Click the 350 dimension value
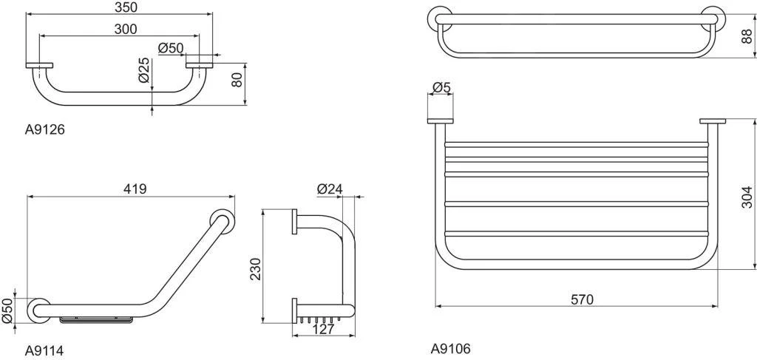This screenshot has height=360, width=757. click(x=120, y=7)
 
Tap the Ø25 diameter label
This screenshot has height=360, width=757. click(x=144, y=70)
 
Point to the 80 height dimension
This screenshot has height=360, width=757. click(x=237, y=79)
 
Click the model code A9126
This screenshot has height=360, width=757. click(x=45, y=129)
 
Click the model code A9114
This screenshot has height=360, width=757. click(x=45, y=350)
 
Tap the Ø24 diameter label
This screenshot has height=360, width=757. click(x=329, y=189)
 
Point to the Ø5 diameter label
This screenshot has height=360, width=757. click(x=441, y=88)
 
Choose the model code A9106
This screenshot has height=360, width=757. click(x=450, y=348)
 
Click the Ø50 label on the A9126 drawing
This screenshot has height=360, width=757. click(x=172, y=48)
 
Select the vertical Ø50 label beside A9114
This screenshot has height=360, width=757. click(x=7, y=310)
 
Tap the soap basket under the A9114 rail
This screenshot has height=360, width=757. click(x=97, y=320)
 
